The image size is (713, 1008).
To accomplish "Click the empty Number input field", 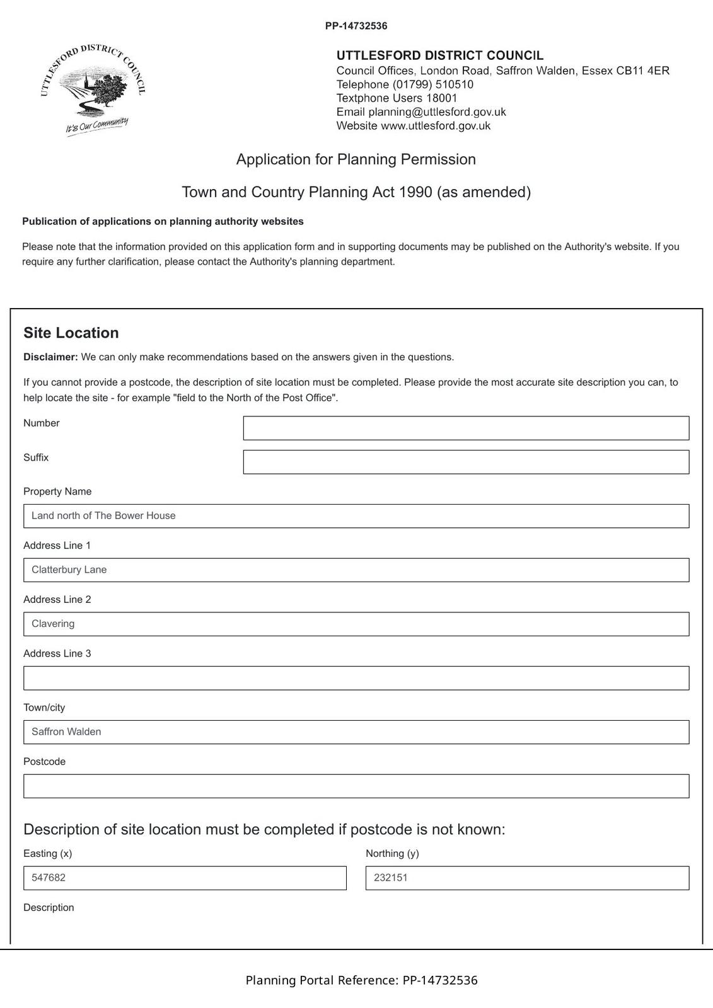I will point(466,428).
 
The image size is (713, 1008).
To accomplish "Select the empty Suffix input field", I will point(466,462).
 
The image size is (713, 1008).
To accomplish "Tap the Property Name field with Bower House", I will point(356,516).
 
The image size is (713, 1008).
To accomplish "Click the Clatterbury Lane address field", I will point(356,570).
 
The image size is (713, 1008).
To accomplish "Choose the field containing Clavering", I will point(356,624).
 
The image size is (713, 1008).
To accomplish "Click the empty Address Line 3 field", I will point(356,678).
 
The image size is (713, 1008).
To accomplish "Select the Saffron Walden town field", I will point(356,732).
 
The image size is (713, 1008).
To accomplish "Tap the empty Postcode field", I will point(356,786).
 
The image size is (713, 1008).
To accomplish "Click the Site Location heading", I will point(71,333).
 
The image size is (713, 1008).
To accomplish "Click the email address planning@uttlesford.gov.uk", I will point(437,112).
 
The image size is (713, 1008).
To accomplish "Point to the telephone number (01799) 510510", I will point(432,84).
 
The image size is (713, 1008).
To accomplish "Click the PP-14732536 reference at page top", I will point(356,26).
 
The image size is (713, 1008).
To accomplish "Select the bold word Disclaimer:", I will point(50,357).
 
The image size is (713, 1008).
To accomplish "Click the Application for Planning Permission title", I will point(356,159).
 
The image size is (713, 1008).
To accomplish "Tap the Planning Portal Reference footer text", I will point(361,980).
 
